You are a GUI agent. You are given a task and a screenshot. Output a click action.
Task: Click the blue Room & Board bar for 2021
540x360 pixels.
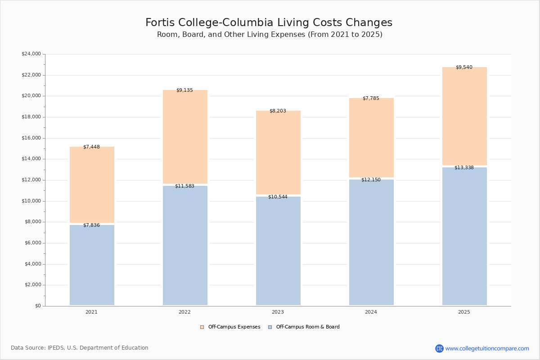tap(92, 265)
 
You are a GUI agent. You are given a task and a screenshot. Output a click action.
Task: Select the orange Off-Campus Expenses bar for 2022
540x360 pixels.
tap(185, 137)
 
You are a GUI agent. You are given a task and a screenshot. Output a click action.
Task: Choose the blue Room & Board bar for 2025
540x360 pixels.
tap(464, 237)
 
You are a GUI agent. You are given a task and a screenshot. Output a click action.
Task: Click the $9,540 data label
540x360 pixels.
tap(464, 67)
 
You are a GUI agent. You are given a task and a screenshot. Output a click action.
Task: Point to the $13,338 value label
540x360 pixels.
tap(464, 168)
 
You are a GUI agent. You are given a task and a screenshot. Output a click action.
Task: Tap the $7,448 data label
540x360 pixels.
tap(91, 147)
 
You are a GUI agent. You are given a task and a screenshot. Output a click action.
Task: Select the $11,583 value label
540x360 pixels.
tap(184, 186)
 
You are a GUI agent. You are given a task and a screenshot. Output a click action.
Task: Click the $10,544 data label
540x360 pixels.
tap(278, 197)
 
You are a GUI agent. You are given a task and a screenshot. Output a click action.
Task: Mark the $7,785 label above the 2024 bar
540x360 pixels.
tap(371, 99)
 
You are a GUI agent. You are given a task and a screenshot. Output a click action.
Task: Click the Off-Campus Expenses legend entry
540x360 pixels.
tap(230, 327)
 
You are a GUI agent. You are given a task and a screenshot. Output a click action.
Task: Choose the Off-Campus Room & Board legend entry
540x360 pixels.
tap(304, 327)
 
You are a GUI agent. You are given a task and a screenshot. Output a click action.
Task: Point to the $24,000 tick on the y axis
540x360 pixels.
tap(31, 54)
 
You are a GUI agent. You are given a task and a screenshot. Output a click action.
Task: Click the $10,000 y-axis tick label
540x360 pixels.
tap(31, 201)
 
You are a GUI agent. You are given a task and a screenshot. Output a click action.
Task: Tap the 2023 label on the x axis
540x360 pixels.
tap(278, 312)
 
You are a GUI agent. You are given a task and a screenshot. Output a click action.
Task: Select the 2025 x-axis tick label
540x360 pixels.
tap(464, 312)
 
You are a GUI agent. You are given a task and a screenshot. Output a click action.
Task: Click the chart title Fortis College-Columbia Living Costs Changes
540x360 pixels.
tap(269, 23)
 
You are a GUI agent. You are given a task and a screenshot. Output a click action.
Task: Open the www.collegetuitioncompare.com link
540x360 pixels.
tap(487, 349)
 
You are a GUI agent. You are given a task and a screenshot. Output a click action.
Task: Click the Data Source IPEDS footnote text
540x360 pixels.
tap(80, 348)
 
